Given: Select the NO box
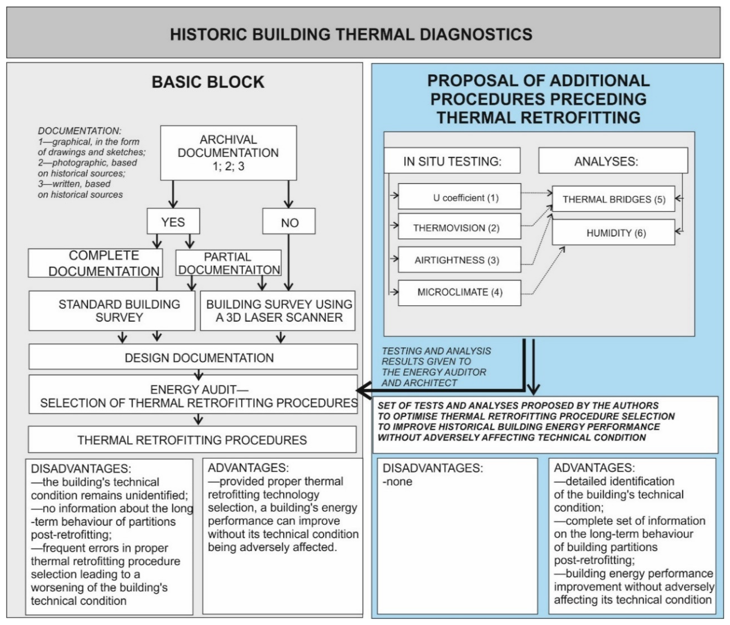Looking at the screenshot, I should pos(289,222).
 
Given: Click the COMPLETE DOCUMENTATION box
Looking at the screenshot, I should pos(95,263).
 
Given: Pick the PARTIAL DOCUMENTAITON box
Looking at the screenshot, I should pos(228,263).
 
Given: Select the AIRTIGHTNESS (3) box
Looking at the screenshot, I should pos(459,260).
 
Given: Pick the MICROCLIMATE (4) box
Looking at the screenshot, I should pos(459,292).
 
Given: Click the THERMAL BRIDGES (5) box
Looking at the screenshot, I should pos(613,199).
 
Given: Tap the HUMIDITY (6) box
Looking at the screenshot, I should pos(613,232).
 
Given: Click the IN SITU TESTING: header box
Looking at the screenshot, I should pos(452,161).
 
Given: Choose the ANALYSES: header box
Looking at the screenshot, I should pos(613,161).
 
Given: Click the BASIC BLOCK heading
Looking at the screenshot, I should pos(208,82).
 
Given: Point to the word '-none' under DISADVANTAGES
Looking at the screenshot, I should pos(397,481).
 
